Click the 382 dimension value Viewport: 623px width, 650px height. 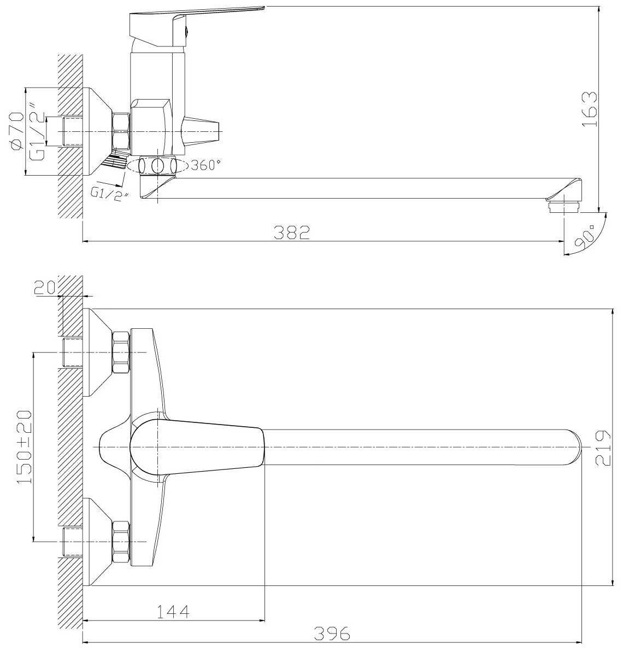(x=291, y=233)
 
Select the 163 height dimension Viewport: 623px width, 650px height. (x=590, y=109)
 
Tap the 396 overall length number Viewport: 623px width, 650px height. (x=332, y=633)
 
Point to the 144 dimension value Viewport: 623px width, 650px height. (x=173, y=611)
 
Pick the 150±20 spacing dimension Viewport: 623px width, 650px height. (x=24, y=447)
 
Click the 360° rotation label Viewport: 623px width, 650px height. (x=204, y=165)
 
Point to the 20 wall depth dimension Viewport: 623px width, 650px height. (x=44, y=288)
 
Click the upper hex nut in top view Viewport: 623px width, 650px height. (x=121, y=352)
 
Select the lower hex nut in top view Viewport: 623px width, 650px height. (x=121, y=541)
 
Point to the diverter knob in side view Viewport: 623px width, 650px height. (x=201, y=131)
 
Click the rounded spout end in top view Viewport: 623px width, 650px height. (x=573, y=448)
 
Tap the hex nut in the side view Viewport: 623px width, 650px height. (x=121, y=131)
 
